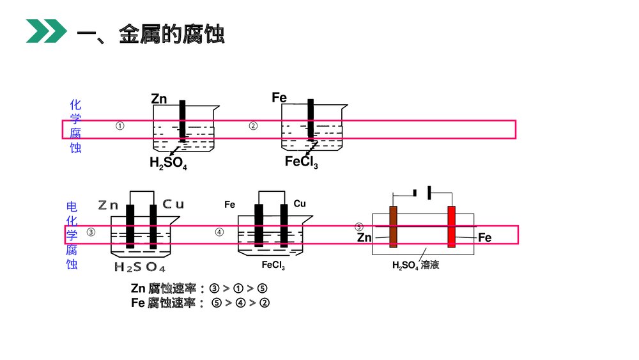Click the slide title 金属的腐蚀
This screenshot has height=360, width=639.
click(x=172, y=35)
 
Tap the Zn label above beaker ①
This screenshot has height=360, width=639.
click(x=159, y=98)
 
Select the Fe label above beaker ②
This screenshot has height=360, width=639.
click(x=279, y=97)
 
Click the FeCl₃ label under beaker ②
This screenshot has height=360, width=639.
click(x=302, y=162)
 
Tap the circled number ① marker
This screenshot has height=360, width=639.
click(x=120, y=126)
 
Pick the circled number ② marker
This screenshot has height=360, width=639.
click(x=253, y=126)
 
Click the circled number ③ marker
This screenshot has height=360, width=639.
click(x=91, y=233)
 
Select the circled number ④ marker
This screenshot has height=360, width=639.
click(x=219, y=233)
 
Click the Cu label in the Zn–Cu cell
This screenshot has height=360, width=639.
click(x=173, y=205)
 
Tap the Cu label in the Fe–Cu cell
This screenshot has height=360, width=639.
click(x=300, y=204)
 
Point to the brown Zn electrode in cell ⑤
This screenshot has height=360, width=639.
click(x=393, y=227)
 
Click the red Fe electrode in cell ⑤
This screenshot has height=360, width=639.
click(x=451, y=227)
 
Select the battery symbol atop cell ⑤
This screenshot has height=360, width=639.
click(x=422, y=192)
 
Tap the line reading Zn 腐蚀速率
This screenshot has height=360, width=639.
click(x=199, y=288)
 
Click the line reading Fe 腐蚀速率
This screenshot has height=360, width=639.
click(x=200, y=303)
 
